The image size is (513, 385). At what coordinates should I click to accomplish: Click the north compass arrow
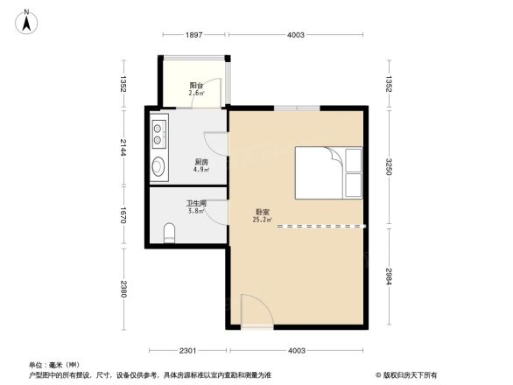(x=26, y=20)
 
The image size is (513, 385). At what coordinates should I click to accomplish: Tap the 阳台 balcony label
(x=197, y=85)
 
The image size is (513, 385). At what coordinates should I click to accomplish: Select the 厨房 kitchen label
(x=200, y=162)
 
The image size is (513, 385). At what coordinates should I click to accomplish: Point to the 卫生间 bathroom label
(x=196, y=204)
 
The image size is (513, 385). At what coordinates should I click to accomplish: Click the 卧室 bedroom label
(x=262, y=211)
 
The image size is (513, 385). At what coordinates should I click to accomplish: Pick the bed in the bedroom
(x=328, y=172)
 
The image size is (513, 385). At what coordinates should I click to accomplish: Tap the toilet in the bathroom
(x=170, y=232)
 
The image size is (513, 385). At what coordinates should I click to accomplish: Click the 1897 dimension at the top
(x=194, y=35)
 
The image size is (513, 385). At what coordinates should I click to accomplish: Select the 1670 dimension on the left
(x=124, y=215)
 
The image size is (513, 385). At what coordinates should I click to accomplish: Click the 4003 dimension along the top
(x=296, y=35)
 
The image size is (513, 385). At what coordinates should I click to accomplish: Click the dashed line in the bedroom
(x=320, y=226)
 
